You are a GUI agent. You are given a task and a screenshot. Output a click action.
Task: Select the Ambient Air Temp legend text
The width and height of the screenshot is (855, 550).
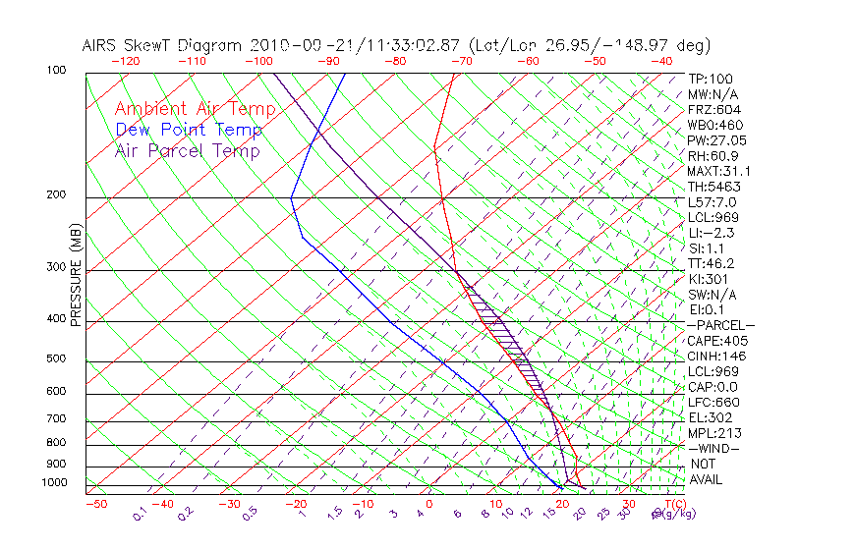[195, 109]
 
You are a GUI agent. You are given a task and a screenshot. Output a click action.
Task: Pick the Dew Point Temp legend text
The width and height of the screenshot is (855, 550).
[189, 130]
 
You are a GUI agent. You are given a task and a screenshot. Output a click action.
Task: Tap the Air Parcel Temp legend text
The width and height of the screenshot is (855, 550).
[188, 150]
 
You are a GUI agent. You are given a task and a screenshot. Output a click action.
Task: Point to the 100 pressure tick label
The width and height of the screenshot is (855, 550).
[56, 71]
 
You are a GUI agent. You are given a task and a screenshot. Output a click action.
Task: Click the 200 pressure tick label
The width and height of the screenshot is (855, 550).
[56, 194]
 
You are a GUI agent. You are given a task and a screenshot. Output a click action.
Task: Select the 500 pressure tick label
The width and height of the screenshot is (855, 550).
[56, 358]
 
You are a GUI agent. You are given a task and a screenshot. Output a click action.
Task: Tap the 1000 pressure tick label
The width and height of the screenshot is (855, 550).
[53, 482]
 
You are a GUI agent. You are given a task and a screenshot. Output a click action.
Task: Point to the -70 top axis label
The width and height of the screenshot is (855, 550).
[461, 61]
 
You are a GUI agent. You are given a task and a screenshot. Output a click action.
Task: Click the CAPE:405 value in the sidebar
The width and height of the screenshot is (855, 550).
[716, 341]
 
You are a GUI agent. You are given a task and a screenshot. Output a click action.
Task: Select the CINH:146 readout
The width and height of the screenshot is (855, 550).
[716, 356]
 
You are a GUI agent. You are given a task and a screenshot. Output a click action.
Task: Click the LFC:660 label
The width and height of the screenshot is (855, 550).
[713, 402]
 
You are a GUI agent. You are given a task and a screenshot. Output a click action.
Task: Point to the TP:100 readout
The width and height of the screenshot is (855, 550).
[711, 79]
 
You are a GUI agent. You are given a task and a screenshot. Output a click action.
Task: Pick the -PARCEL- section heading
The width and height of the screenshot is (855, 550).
[720, 325]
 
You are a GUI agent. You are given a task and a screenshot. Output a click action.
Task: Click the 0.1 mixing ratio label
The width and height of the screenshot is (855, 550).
[141, 513]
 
